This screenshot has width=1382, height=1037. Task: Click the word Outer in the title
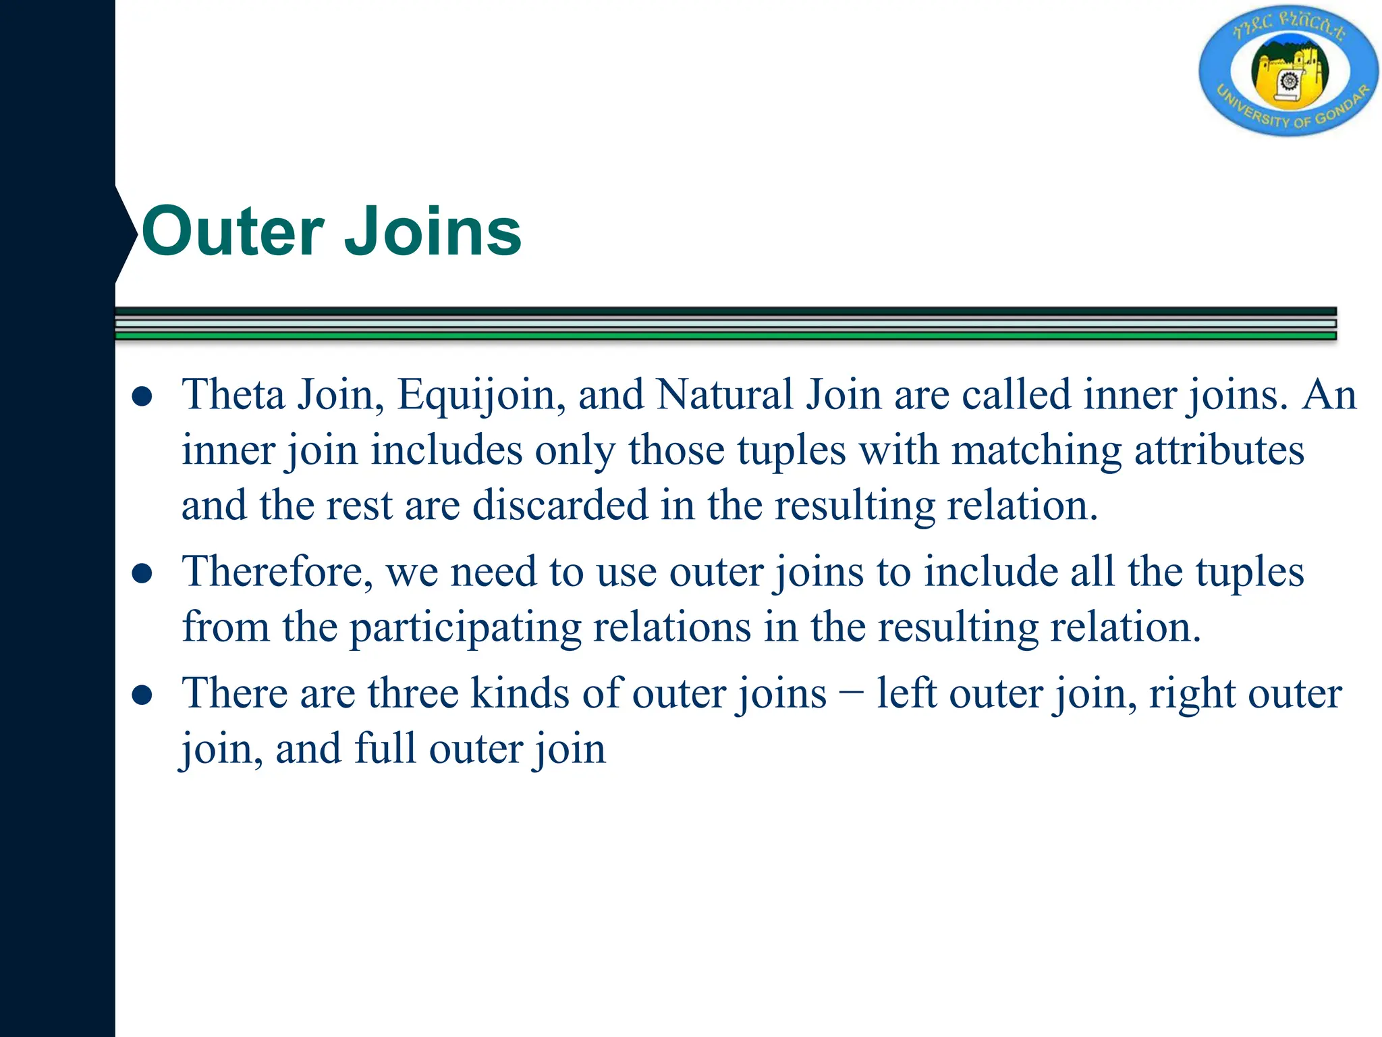(x=233, y=232)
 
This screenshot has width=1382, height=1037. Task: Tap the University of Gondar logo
(x=1288, y=71)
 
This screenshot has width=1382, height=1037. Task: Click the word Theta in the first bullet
(x=233, y=394)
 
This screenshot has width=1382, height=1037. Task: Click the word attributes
(x=1219, y=450)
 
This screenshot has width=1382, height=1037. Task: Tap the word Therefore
(x=277, y=572)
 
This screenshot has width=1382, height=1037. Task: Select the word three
(x=412, y=693)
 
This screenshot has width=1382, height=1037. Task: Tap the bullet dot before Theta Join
(x=142, y=397)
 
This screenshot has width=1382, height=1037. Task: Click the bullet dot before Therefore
(x=142, y=575)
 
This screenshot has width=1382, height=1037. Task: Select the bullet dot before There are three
(x=142, y=695)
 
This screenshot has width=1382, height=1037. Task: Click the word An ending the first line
(x=1329, y=394)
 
